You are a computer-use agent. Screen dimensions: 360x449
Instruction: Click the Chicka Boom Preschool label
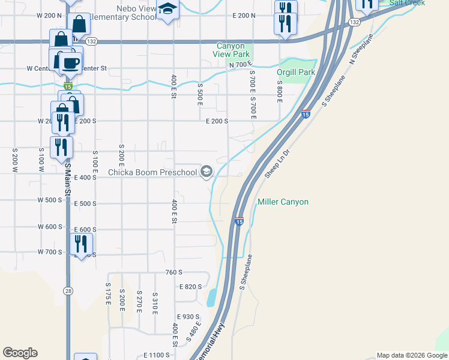click(x=152, y=173)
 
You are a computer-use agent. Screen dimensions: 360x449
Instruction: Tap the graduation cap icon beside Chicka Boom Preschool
click(x=206, y=172)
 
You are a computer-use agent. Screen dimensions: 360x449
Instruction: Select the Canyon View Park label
click(x=231, y=50)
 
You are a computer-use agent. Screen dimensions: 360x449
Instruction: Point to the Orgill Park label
click(x=296, y=72)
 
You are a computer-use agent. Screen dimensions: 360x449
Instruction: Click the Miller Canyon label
click(x=283, y=202)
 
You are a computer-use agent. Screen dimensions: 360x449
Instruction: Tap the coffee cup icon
click(x=70, y=62)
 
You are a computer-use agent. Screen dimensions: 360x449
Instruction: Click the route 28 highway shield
click(x=68, y=291)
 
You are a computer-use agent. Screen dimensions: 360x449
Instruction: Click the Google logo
click(x=20, y=353)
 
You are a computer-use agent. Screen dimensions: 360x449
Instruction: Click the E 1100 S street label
click(x=157, y=356)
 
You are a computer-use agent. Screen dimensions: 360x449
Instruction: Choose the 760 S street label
click(x=173, y=272)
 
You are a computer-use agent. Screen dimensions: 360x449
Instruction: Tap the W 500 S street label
click(x=50, y=200)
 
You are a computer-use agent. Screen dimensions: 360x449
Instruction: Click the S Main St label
click(x=68, y=181)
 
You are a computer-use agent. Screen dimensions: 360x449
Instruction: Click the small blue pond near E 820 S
click(x=212, y=298)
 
